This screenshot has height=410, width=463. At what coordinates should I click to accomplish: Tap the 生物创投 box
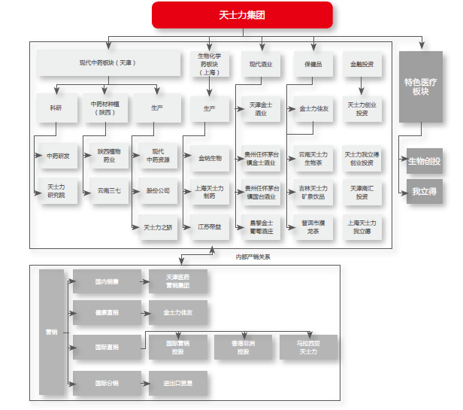point(425,161)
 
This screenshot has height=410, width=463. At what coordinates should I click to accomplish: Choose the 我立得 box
point(425,192)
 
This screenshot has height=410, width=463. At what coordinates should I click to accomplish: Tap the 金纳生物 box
point(210,158)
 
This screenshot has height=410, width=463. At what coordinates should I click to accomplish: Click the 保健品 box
point(313,64)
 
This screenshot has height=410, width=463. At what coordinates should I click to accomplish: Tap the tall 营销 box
point(51,331)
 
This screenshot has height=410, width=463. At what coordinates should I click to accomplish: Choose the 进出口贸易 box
point(177,383)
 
